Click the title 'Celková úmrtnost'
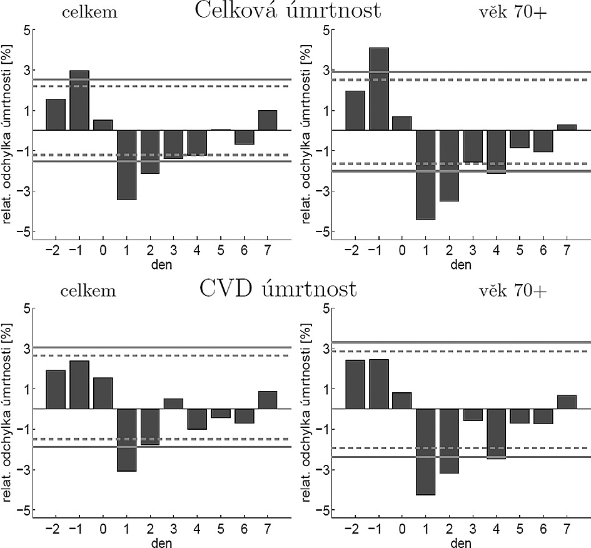pos(288,11)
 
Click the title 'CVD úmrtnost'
pos(278,290)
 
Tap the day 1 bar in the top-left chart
pos(127,165)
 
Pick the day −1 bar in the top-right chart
pos(379,89)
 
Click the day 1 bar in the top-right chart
pos(425,175)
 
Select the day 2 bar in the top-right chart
pos(449,165)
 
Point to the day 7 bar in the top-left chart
pos(268,120)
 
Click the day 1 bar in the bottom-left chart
pos(127,439)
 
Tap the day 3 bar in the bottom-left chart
pos(173,403)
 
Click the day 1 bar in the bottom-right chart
pos(425,451)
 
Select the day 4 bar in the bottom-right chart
pos(496,434)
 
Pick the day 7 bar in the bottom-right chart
pos(567,402)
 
